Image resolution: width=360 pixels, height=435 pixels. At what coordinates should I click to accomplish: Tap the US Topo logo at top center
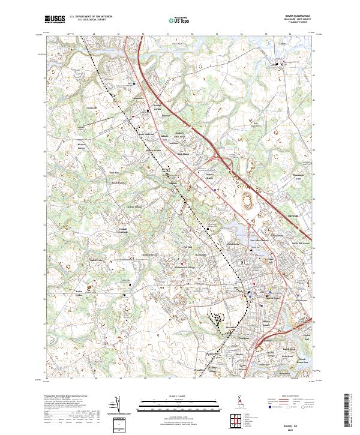point(178,20)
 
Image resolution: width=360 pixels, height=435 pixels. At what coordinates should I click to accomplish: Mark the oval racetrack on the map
point(245,197)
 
